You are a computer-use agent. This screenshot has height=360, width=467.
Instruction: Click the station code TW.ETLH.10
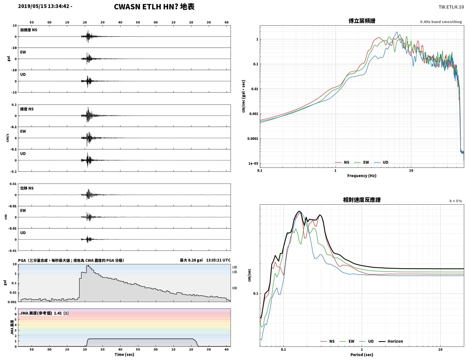click(x=451, y=7)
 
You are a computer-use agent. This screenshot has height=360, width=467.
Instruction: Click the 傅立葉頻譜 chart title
click(x=362, y=21)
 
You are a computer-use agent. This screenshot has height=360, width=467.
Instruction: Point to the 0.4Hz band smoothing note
click(x=441, y=22)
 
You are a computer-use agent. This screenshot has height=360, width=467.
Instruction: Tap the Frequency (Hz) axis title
click(x=362, y=176)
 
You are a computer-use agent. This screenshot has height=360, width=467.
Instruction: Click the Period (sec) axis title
click(x=362, y=355)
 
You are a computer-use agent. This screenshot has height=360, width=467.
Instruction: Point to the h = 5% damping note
click(x=456, y=201)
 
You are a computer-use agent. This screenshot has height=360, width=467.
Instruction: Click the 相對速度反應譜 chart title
click(x=362, y=200)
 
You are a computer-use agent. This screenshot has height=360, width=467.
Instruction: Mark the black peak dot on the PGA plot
click(x=88, y=266)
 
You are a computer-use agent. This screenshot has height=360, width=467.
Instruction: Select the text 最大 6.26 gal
click(x=191, y=260)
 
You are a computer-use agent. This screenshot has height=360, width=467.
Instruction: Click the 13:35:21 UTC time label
click(x=218, y=260)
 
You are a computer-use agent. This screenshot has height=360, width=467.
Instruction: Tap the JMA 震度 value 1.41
click(x=58, y=313)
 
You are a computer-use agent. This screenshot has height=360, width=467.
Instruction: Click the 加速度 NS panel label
click(x=29, y=30)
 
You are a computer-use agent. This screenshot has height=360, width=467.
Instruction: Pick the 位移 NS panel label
click(x=27, y=188)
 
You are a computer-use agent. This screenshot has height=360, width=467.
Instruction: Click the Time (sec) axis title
click(x=124, y=354)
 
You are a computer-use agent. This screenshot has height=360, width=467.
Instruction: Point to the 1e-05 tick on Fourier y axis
click(x=253, y=164)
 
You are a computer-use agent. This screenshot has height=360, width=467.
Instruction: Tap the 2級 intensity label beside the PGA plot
click(x=234, y=267)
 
